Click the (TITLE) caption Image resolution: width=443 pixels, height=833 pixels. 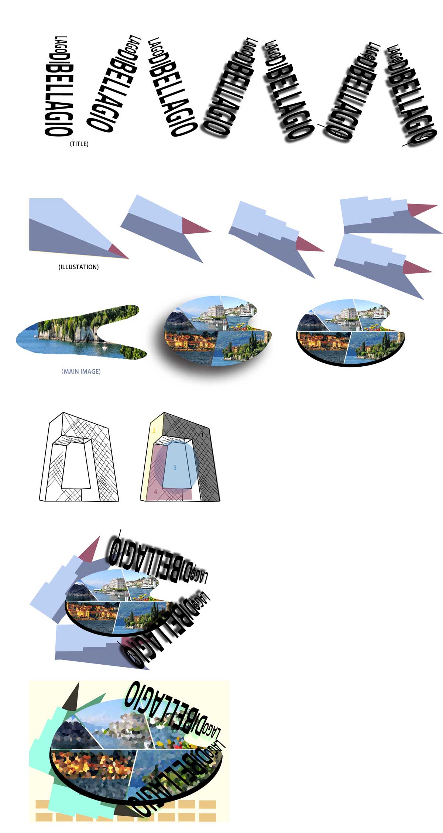point(79,144)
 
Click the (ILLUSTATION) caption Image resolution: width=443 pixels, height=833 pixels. point(78,267)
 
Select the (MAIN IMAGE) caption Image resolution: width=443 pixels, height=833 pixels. point(81,371)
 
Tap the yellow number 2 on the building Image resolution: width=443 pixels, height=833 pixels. point(154,431)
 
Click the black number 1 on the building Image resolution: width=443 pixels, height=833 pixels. point(202,435)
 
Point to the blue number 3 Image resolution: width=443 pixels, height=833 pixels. point(175,468)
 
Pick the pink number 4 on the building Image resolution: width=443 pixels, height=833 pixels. point(155,492)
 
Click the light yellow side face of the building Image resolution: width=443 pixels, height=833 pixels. point(150,458)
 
